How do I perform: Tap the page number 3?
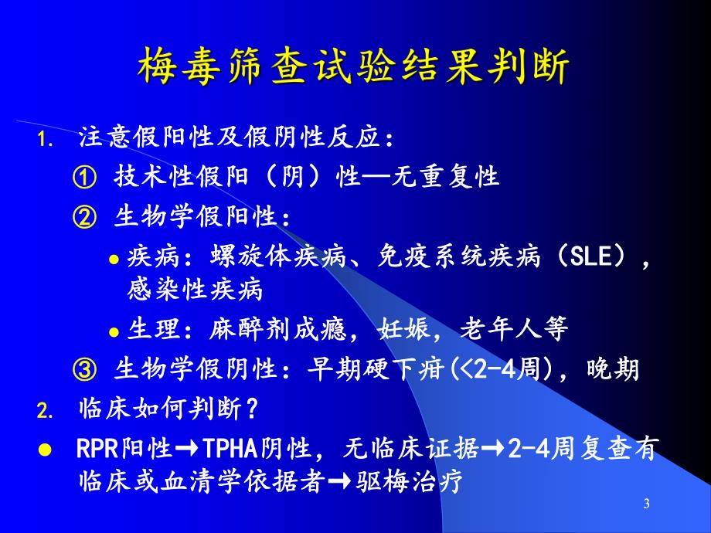[x=646, y=504]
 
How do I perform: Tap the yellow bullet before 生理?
[x=113, y=332]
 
